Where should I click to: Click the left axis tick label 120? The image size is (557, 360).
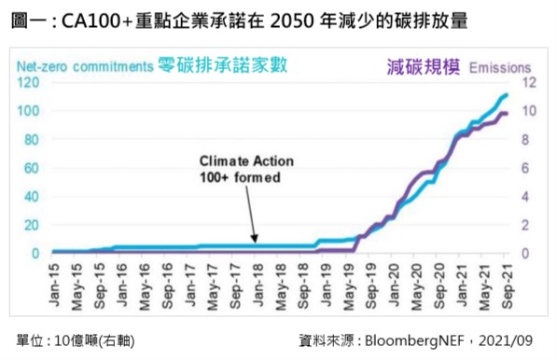[x=28, y=82]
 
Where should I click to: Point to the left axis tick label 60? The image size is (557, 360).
[x=32, y=168]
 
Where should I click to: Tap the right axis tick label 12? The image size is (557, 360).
[x=529, y=82]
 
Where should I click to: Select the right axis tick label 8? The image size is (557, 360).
[x=525, y=140]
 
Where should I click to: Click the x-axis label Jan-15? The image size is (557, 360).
[x=54, y=284]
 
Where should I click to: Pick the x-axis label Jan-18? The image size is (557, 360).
[x=258, y=284]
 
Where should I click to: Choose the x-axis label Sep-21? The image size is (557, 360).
[x=508, y=286]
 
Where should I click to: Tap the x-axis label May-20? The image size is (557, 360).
[x=417, y=287]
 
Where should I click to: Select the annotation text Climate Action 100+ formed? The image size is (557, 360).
[x=246, y=169]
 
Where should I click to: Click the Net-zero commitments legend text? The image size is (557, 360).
[x=85, y=66]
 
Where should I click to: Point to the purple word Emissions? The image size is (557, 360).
[x=500, y=67]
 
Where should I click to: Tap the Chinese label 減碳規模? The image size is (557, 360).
[x=424, y=67]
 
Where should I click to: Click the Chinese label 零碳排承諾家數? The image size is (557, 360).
[x=222, y=65]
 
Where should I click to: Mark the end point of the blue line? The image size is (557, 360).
[x=507, y=95]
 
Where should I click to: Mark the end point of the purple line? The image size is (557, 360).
[x=507, y=114]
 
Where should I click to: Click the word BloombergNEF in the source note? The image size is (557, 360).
[x=414, y=340]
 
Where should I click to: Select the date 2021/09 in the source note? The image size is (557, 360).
[x=506, y=340]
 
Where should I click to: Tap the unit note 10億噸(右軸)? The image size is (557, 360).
[x=94, y=340]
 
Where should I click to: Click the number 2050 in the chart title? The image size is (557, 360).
[x=292, y=21]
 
